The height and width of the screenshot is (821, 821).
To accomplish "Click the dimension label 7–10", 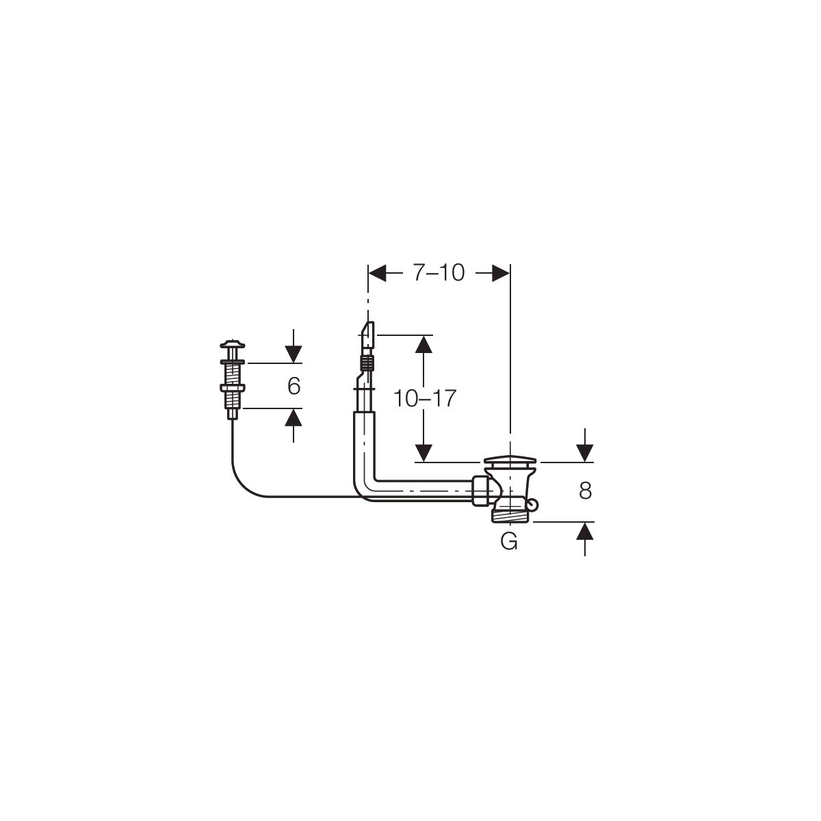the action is click(439, 273).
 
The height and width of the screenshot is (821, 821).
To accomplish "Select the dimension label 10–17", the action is click(424, 399).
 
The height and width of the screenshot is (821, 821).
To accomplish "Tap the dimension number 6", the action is click(294, 386).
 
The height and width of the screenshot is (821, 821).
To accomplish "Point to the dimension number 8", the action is click(586, 491).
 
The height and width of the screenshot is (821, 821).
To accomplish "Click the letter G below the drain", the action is click(509, 541).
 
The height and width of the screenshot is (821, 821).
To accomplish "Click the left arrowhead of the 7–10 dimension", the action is click(377, 273).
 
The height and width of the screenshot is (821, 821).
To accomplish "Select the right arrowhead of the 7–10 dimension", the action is click(501, 273).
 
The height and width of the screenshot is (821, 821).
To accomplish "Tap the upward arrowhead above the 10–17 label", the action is click(423, 344).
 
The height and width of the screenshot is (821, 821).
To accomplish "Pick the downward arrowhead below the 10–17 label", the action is click(423, 453).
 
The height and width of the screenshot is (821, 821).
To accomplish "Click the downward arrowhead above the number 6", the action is click(294, 354).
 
